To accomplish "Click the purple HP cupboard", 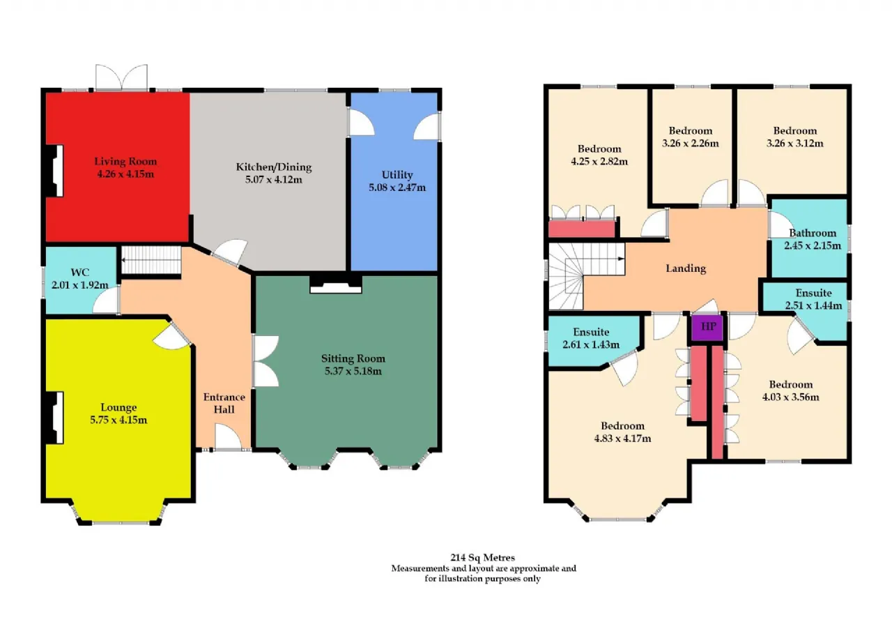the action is [707, 328].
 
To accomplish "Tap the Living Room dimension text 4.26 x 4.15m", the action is [125, 174].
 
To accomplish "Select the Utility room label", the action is [397, 174].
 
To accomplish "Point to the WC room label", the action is [79, 273].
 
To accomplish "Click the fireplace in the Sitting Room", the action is [336, 284].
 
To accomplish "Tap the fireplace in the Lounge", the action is [55, 418].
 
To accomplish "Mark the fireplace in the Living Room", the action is [55, 171].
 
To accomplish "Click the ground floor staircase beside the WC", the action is [151, 260].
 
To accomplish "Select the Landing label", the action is [686, 268].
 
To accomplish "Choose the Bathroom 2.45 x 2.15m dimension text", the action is [813, 246].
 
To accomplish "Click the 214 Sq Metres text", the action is [482, 558].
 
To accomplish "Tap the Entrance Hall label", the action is [224, 403].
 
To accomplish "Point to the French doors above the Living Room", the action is [121, 77].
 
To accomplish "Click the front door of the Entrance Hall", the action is [228, 437].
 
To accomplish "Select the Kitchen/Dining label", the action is [274, 167].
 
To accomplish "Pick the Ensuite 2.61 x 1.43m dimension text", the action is [591, 344].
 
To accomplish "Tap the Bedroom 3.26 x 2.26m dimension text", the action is [690, 144].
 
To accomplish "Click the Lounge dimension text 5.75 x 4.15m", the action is [118, 420].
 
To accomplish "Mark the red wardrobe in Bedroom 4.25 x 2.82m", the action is [581, 229].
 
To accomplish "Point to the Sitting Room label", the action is [353, 358].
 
